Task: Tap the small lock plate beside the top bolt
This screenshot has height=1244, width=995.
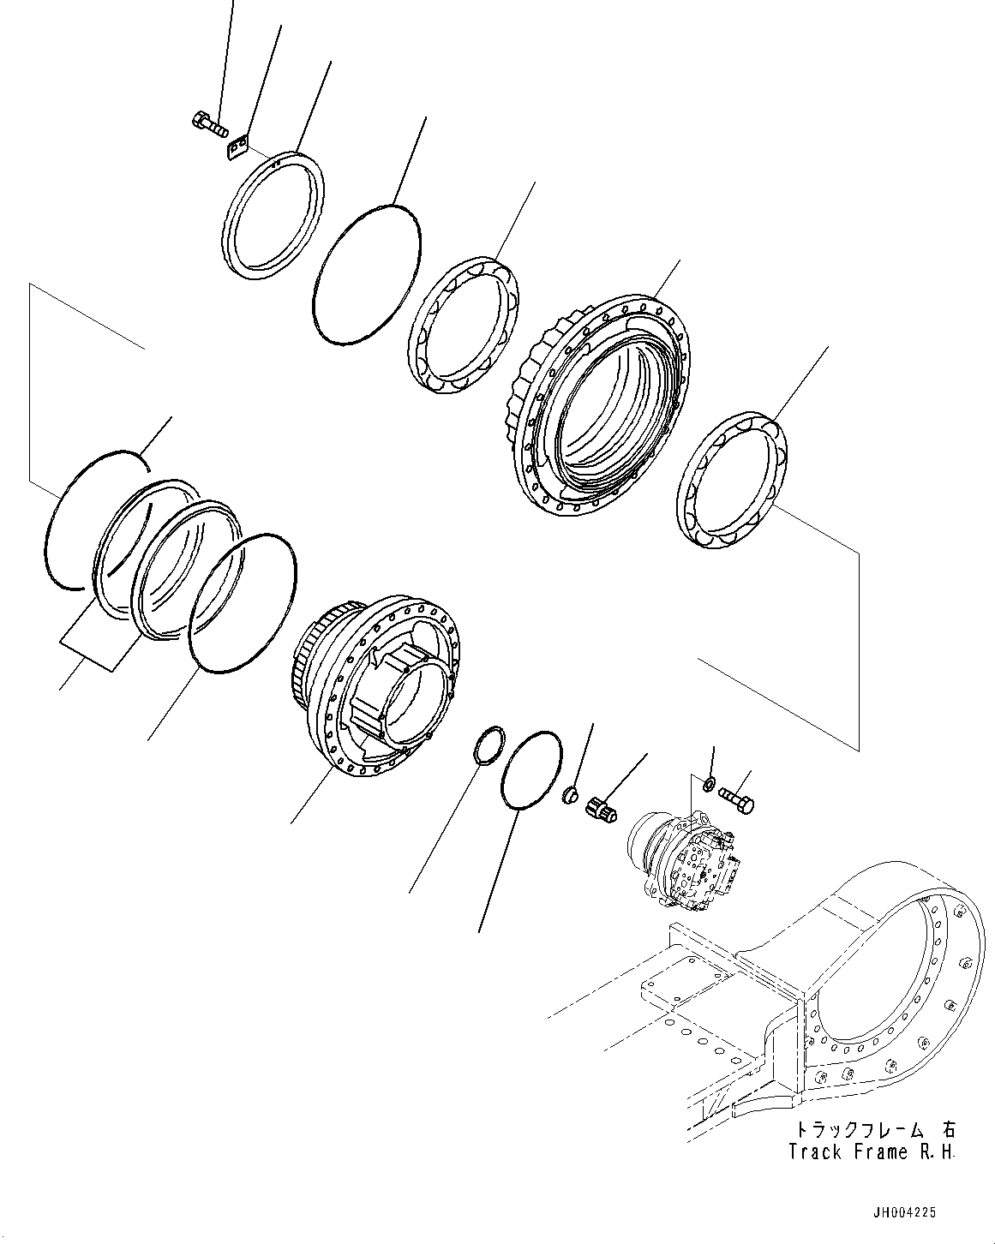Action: [x=237, y=148]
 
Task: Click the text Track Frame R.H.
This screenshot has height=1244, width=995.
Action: [x=871, y=1152]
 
